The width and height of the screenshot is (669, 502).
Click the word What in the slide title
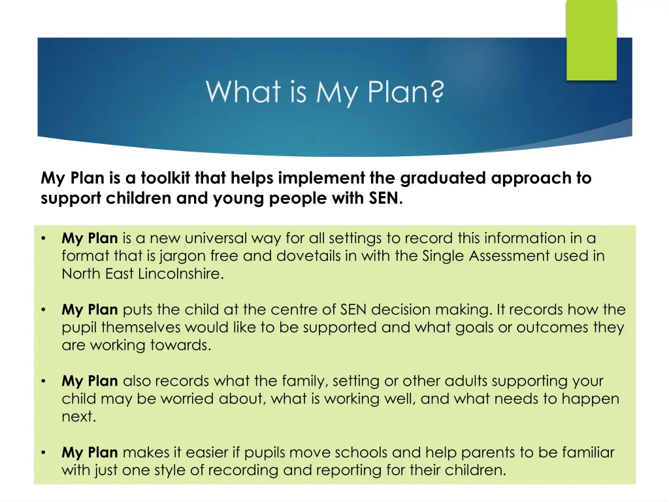coord(237,92)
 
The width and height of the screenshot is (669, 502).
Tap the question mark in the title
coord(436,92)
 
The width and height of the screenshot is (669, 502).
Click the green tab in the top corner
coord(591,40)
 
